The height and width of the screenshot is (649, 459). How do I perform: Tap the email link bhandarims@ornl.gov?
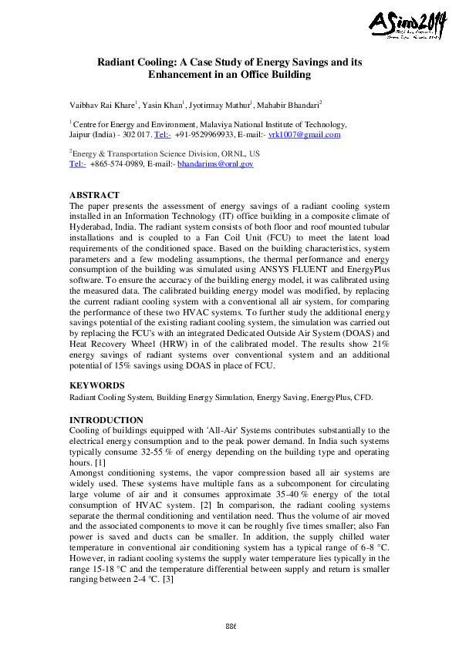215,164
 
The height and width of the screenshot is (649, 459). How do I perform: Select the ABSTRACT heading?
95,196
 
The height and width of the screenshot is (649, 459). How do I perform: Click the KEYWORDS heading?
96,385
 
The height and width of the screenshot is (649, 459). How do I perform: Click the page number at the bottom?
230,624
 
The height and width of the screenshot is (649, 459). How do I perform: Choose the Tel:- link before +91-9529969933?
163,135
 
